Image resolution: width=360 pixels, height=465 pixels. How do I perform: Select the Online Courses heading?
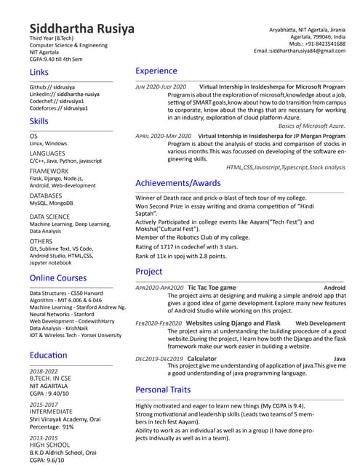58,278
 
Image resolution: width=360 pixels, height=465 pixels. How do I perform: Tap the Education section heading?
49,355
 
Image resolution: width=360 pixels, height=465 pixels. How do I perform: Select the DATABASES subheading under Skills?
46,196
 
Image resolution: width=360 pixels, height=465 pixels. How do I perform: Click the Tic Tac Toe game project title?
212,288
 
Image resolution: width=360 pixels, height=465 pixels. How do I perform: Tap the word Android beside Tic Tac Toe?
335,288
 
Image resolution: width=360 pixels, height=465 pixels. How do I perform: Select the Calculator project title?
201,359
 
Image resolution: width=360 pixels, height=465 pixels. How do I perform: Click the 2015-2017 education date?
44,404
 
